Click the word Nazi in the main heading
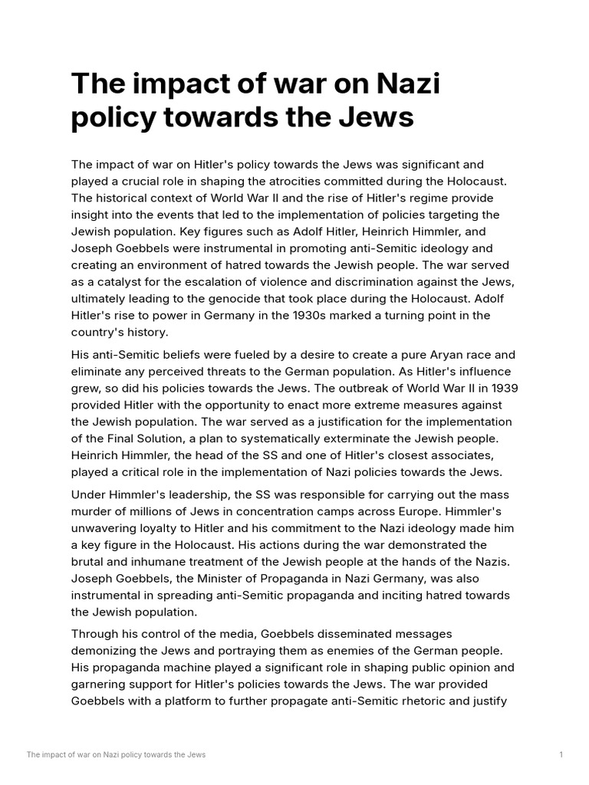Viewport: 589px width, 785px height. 403,83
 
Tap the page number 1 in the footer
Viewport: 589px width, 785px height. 561,755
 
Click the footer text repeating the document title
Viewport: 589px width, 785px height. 116,755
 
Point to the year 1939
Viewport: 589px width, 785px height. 501,388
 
